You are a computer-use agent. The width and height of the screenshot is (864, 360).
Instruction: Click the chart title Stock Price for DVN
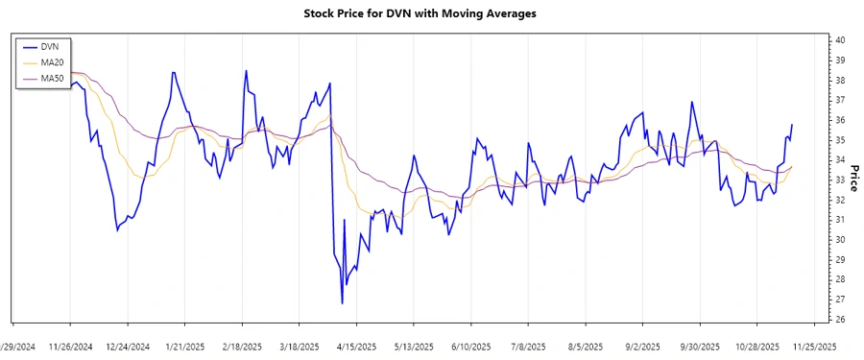click(x=420, y=13)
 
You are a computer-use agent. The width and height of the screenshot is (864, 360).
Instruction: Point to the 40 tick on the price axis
click(x=840, y=40)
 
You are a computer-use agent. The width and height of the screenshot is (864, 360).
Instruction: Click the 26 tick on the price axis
click(x=840, y=320)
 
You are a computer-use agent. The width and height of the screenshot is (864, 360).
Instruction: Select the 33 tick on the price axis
click(x=840, y=180)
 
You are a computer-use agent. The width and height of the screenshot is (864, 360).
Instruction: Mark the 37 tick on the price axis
click(x=840, y=100)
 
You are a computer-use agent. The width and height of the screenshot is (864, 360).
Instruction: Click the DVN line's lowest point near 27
click(x=342, y=303)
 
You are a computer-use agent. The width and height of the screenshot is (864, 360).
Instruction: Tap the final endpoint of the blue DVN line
click(x=792, y=125)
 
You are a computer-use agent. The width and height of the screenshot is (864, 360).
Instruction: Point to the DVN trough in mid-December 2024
click(x=117, y=229)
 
